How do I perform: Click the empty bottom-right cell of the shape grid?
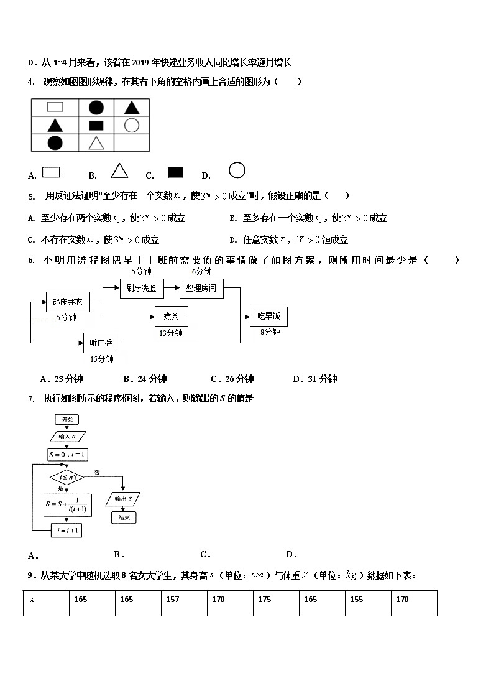pos(132,142)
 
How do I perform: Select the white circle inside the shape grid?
pos(131,125)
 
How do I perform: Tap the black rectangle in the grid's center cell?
pos(96,125)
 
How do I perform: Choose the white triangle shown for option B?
pos(119,170)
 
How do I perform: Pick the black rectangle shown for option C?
pos(175,172)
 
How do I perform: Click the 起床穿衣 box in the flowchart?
pos(65,302)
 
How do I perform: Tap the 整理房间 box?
pos(201,288)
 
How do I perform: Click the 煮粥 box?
pos(171,317)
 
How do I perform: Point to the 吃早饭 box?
pos(268,317)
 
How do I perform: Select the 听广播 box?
pos(101,343)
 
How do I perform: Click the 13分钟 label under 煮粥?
pos(171,333)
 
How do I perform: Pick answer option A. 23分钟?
pos(61,379)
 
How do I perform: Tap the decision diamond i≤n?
pos(67,478)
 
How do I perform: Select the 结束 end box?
pos(123,517)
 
